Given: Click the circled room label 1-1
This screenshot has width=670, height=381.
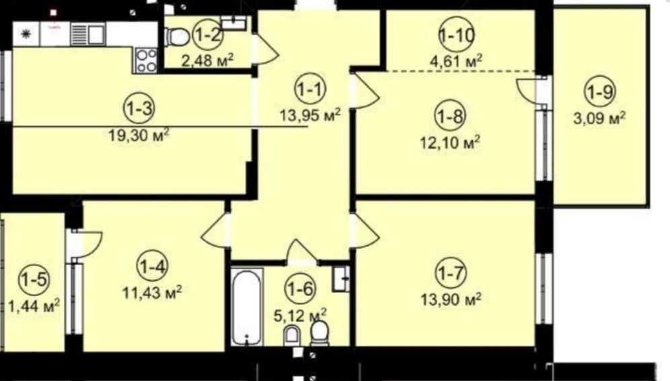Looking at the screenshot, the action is point(310,90).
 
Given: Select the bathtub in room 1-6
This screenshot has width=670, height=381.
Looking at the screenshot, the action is point(247,306).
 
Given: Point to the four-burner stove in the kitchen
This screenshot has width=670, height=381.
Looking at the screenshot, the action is point(146,61).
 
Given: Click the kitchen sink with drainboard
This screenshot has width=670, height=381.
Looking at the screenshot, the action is point(87,34).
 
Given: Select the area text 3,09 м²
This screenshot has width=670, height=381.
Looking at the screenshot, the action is point(599,118).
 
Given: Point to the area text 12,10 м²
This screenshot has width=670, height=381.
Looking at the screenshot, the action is point(450,142).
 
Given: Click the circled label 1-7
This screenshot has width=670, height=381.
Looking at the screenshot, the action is point(451,273).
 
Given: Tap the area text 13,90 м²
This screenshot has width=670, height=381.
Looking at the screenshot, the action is point(451,299).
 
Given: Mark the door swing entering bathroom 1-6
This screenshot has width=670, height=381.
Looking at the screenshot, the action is point(301,252).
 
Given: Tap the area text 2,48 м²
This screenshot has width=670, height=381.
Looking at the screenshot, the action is point(208,61).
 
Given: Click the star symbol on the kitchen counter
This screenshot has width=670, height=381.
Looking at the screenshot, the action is point(25,34).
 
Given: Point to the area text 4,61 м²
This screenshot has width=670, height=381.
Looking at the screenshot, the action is point(456,61).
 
